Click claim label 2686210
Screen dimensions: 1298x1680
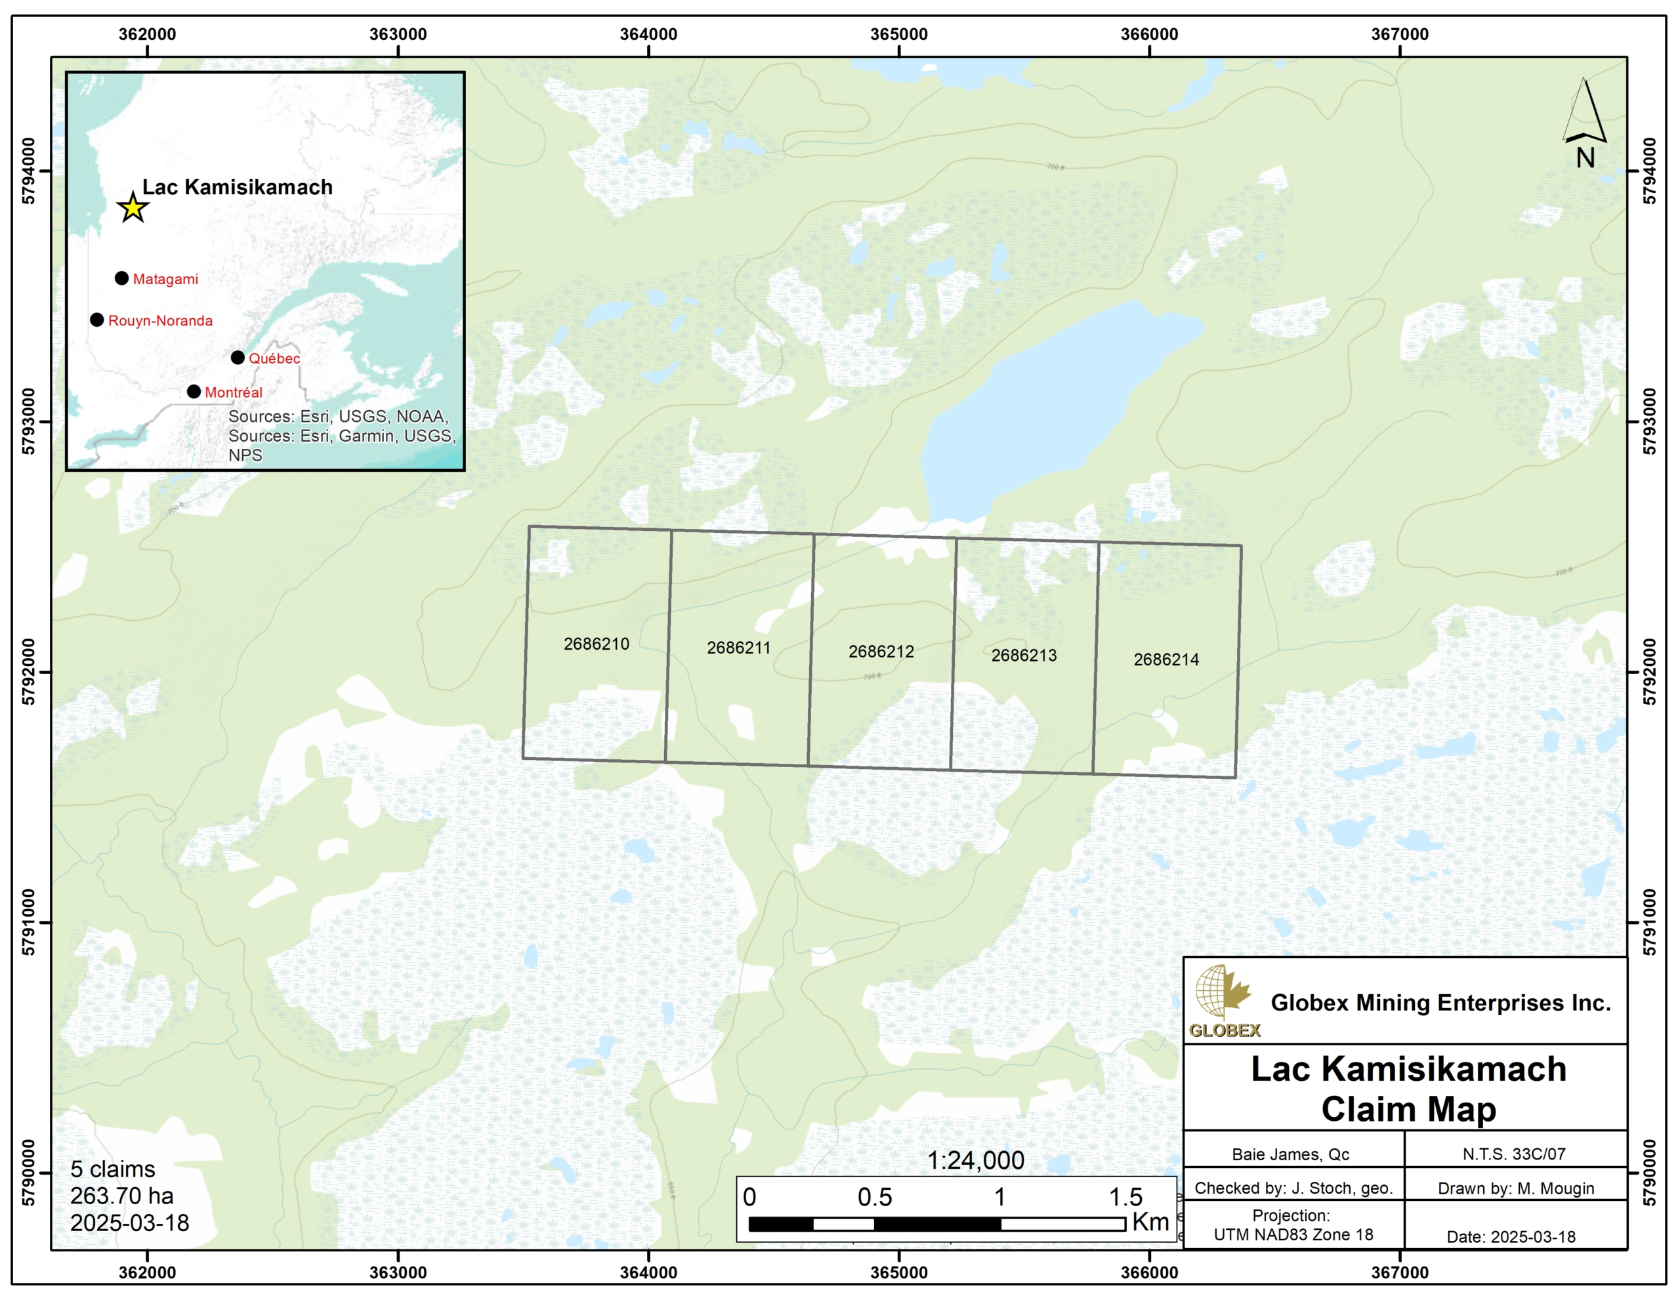tap(596, 644)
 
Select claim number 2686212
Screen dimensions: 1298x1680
tap(881, 652)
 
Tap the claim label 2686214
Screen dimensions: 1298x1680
tap(1165, 659)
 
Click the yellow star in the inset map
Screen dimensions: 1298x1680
tap(133, 208)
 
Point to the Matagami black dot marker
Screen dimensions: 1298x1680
tap(121, 278)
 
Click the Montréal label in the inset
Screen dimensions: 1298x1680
tap(233, 392)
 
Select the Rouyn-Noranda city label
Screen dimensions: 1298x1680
tap(160, 321)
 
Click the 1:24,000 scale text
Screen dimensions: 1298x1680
tap(975, 1161)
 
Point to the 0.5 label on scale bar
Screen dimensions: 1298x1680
tap(875, 1197)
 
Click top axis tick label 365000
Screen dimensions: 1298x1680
tap(898, 35)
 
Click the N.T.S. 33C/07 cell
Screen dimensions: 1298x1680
tap(1514, 1154)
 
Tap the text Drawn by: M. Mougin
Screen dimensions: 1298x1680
tap(1515, 1189)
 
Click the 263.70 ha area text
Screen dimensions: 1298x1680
tap(121, 1196)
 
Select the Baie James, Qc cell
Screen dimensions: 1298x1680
tap(1290, 1154)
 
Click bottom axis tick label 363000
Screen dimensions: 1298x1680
tap(398, 1272)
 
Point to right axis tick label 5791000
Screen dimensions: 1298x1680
tap(1649, 922)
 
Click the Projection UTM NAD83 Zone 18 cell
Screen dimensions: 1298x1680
tap(1292, 1225)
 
